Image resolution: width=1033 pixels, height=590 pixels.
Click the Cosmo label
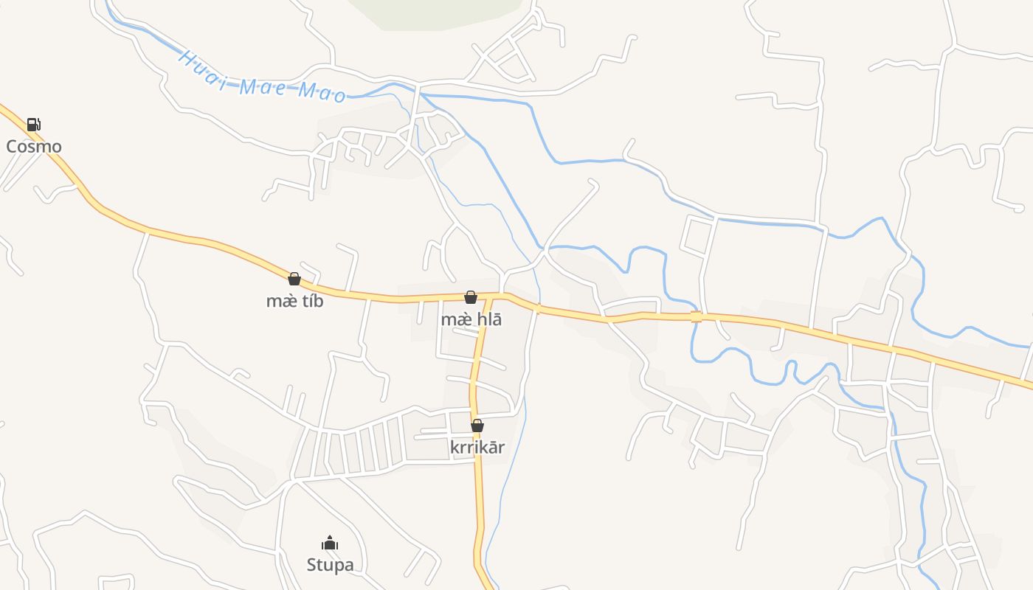34,146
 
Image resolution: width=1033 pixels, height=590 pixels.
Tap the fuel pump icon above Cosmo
33,125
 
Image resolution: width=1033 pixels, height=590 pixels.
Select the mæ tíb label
294,301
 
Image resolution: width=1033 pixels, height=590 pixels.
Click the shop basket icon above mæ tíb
294,279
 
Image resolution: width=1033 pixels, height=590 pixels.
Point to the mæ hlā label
471,319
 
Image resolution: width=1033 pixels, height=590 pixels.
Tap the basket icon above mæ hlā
471,297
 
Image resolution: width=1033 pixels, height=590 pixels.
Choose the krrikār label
477,447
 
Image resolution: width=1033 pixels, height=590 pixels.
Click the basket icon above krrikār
477,426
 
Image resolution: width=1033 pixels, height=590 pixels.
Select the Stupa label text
330,565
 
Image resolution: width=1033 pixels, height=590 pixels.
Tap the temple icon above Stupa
330,544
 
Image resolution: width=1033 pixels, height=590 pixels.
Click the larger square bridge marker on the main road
696,317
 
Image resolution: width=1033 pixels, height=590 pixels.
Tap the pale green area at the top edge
435,13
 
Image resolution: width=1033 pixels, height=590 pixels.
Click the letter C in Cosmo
12,146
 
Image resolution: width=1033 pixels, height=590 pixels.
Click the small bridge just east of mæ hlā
538,309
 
